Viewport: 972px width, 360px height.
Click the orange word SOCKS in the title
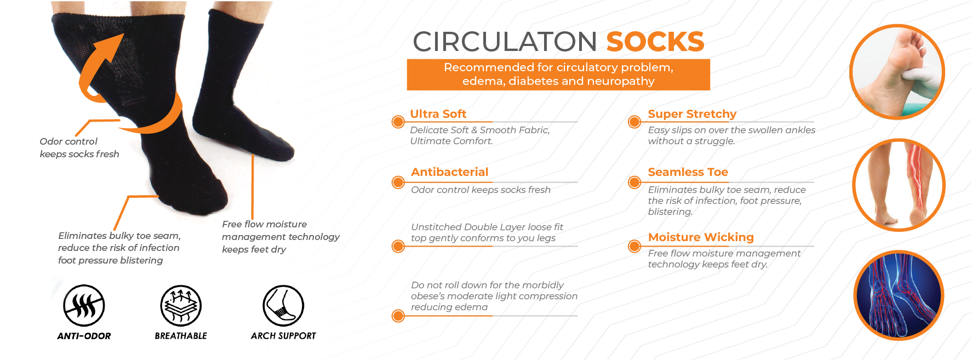655,42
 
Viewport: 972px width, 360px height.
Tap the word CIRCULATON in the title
505,42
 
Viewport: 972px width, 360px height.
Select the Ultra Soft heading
438,114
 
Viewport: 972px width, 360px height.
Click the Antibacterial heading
449,172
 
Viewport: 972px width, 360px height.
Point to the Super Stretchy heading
692,114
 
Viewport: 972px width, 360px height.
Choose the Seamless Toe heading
688,172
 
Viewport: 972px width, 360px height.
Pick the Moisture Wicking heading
701,237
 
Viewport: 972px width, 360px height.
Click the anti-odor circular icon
84,306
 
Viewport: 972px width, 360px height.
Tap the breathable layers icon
181,306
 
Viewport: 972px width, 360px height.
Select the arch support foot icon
283,306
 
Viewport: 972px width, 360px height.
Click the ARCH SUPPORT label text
283,336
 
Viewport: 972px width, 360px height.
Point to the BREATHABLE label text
181,336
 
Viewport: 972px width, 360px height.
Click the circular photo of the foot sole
897,72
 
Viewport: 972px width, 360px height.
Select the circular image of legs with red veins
899,185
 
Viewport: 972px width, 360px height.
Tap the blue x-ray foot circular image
899,295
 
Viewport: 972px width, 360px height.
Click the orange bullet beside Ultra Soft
398,122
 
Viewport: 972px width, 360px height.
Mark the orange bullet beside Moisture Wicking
634,246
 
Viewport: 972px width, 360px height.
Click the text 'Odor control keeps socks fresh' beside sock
79,148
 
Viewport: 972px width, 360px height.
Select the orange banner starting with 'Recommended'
558,75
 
